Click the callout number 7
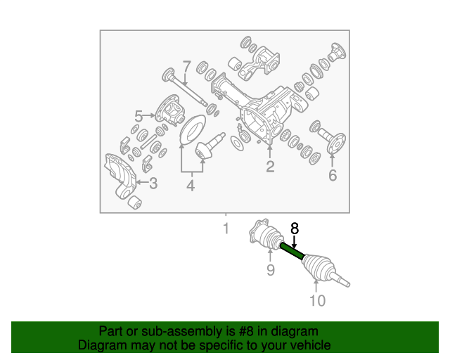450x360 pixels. [x=186, y=67]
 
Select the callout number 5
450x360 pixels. [x=139, y=117]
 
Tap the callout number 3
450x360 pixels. [x=153, y=183]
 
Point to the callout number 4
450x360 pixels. [x=191, y=186]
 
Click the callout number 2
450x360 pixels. [x=270, y=167]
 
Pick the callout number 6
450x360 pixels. [x=333, y=175]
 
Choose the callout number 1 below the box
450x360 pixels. [x=226, y=229]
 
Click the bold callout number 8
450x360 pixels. [x=295, y=229]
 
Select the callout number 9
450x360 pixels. [x=270, y=270]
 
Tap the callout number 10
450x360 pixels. [x=317, y=300]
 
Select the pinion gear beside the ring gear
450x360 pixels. [x=209, y=146]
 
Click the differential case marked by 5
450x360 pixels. [x=170, y=110]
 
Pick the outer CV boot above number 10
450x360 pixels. [x=319, y=266]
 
